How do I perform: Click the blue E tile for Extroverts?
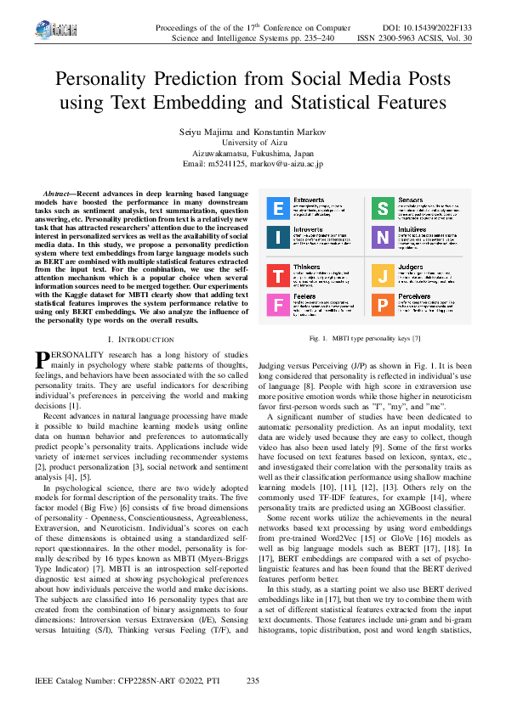pos(278,208)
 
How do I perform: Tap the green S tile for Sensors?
pos(383,208)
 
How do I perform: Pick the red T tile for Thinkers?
pos(278,275)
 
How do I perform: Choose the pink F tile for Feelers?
pos(278,304)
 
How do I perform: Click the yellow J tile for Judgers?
pos(383,275)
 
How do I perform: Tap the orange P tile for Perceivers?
pos(383,304)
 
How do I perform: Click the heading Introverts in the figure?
pos(308,229)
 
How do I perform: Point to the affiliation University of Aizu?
pos(253,144)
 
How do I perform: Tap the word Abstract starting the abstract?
pos(58,195)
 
